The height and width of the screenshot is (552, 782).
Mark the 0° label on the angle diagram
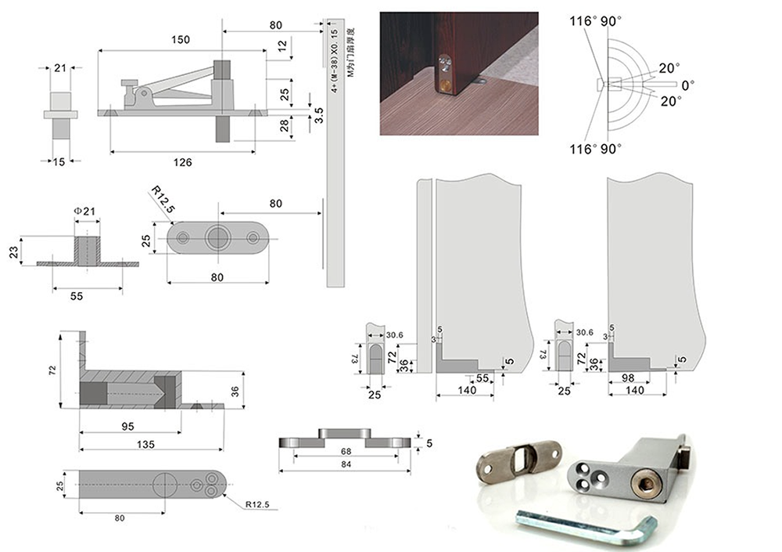[687, 84]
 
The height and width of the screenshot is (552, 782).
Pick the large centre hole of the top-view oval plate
[217, 238]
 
